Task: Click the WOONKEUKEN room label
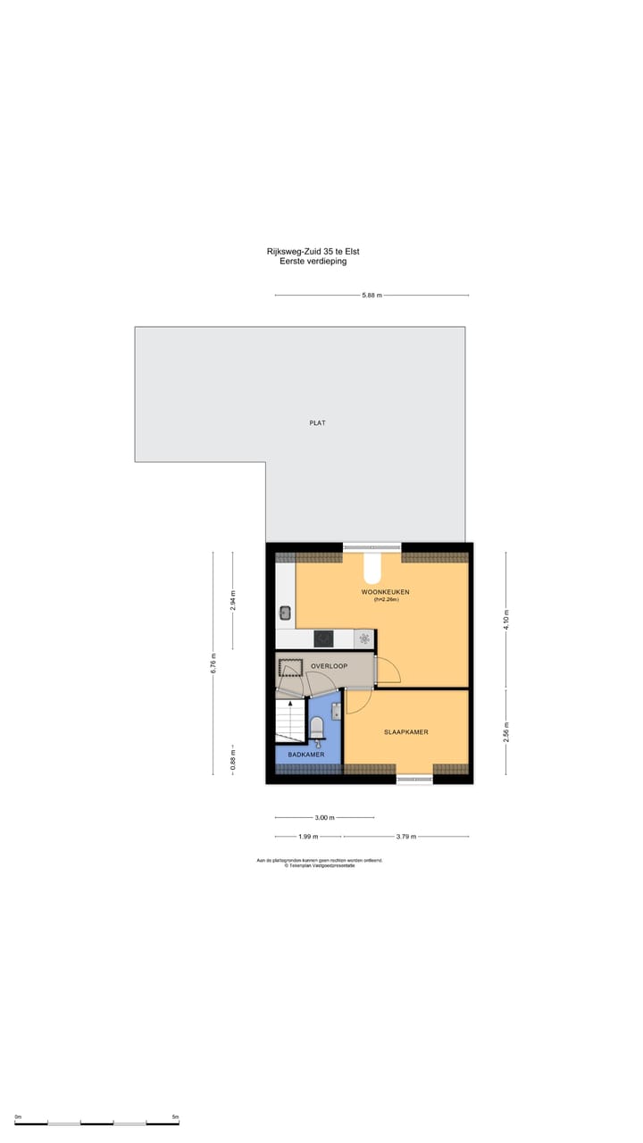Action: (385, 592)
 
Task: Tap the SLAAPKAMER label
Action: (405, 732)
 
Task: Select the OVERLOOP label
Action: (329, 666)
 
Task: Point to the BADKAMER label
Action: (305, 755)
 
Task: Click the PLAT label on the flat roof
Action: (317, 422)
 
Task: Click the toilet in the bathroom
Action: (316, 727)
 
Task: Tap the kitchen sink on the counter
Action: (286, 613)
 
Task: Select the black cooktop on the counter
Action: (322, 638)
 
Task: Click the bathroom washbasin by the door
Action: (336, 711)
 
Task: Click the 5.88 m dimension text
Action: (372, 296)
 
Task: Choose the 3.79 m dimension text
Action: (406, 837)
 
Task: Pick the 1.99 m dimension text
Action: (307, 837)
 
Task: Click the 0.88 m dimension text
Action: (233, 760)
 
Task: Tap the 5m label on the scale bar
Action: (175, 1117)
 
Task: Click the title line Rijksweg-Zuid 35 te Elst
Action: (313, 252)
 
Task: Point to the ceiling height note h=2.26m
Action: (386, 600)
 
